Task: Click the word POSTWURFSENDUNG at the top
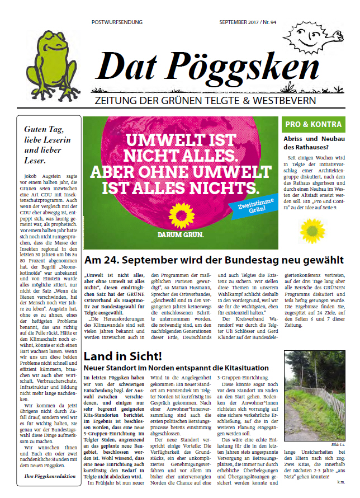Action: point(117,22)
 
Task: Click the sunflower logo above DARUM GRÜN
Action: point(182,216)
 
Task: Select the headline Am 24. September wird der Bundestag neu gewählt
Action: point(214,260)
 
